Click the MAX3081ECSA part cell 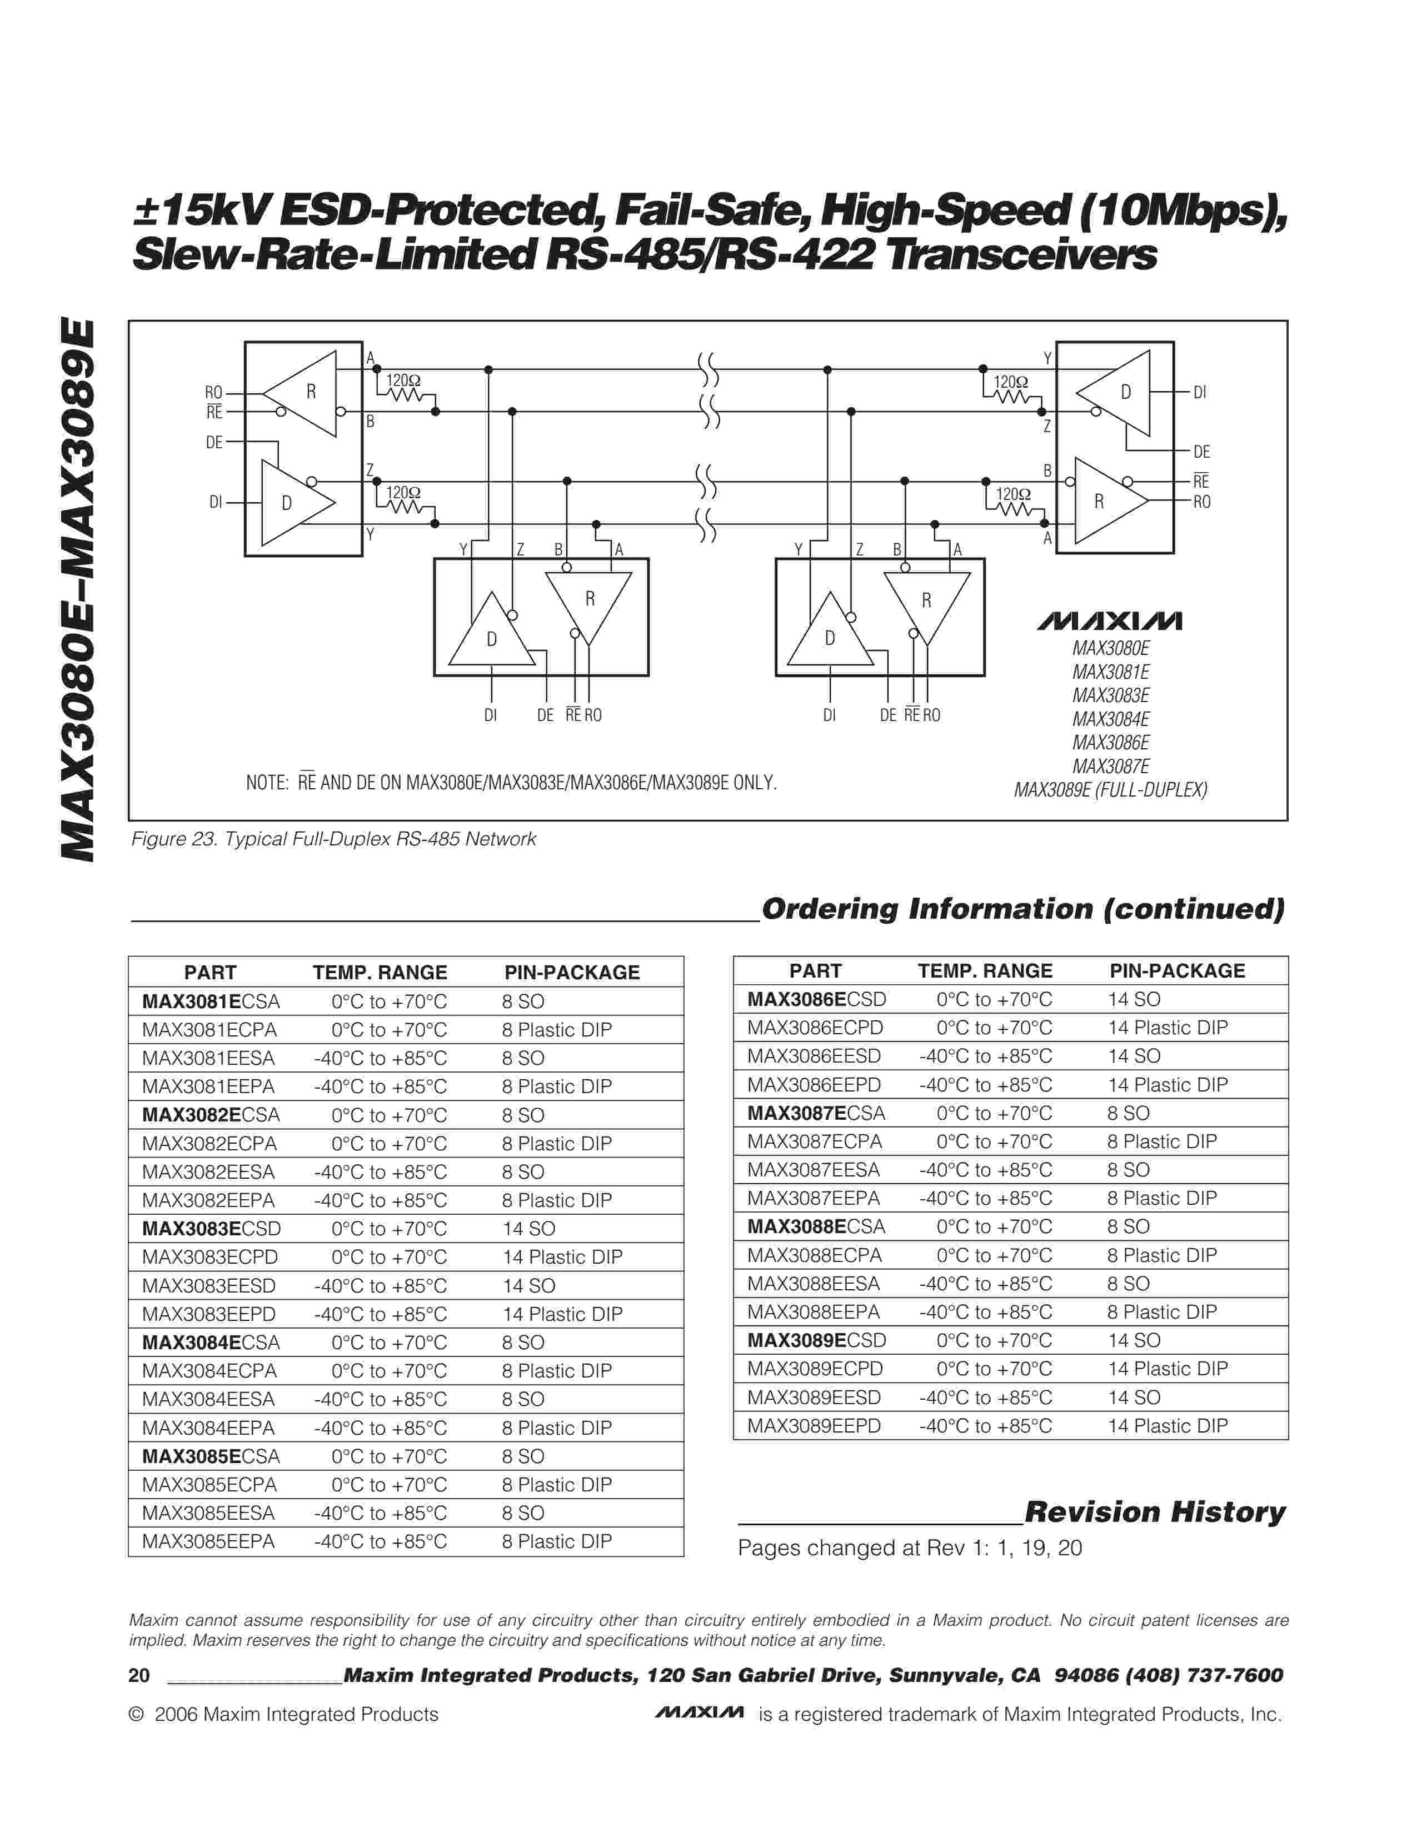(x=211, y=1001)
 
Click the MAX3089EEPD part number (x=814, y=1425)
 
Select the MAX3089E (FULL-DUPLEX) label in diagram (x=1111, y=790)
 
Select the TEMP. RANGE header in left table (x=380, y=972)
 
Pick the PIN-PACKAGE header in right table (x=1177, y=970)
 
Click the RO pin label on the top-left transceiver (x=213, y=393)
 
